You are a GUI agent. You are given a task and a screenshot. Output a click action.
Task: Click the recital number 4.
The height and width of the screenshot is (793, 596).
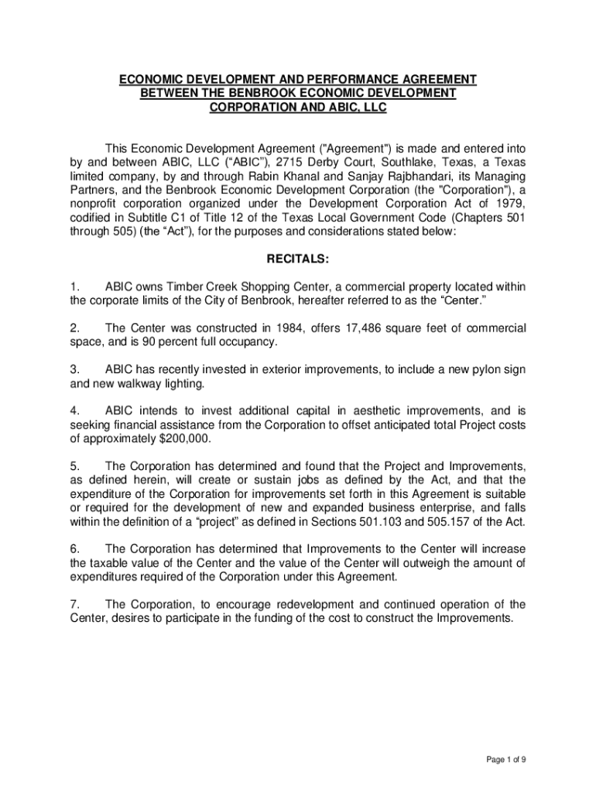click(x=74, y=409)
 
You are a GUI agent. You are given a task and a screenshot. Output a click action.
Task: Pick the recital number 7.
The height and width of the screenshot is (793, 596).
click(x=74, y=604)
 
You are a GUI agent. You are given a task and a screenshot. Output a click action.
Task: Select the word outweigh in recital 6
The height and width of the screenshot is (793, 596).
click(x=411, y=562)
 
